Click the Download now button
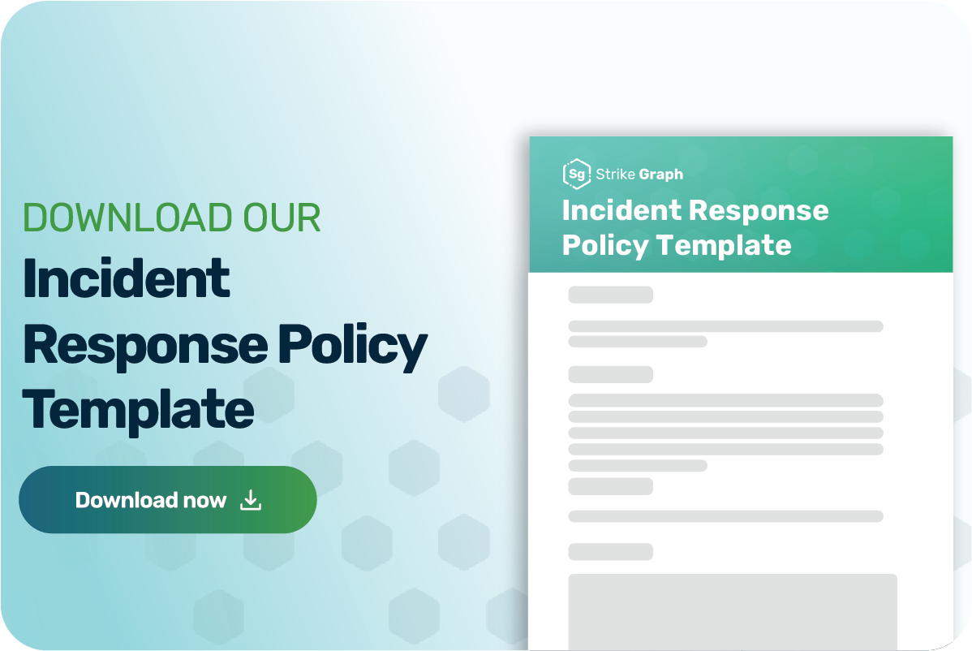pos(167,500)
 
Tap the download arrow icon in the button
pos(251,500)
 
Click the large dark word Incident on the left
pos(127,279)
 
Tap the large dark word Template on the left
pos(138,409)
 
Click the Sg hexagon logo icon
pos(575,174)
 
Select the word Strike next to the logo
pos(616,174)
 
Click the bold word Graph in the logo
pos(661,174)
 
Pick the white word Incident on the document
pos(621,210)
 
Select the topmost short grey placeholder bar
pos(610,295)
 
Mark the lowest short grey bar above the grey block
pos(610,552)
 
